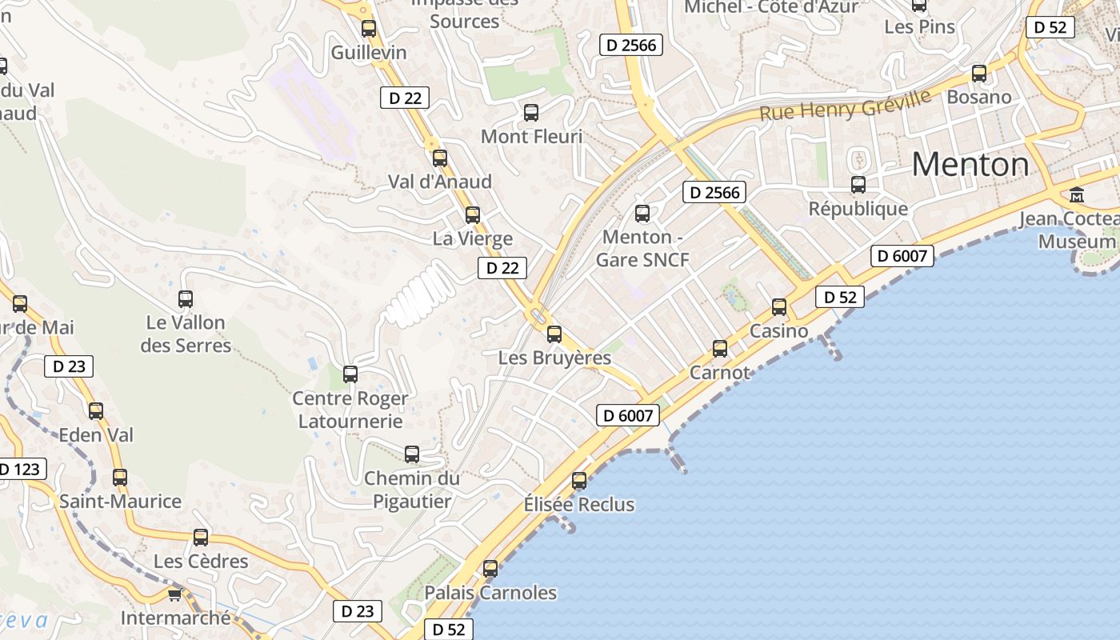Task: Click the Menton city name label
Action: tap(970, 165)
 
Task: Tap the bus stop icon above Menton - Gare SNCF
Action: tap(642, 214)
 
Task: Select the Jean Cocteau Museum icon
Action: tap(1077, 194)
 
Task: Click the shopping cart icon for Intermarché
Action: tap(175, 594)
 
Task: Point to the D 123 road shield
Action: tap(21, 469)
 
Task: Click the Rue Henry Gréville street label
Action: tap(846, 105)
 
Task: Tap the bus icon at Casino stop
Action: tap(779, 306)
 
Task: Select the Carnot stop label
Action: tap(720, 372)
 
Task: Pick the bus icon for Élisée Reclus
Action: tap(579, 481)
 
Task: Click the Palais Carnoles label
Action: tap(490, 593)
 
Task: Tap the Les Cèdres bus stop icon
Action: tap(201, 538)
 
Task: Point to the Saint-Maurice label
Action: tap(121, 502)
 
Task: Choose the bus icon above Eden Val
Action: tap(96, 411)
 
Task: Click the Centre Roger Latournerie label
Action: tap(350, 410)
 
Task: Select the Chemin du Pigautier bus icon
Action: tap(412, 454)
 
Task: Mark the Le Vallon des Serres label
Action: tap(186, 334)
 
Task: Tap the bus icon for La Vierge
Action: tap(473, 214)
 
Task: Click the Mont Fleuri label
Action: tap(531, 137)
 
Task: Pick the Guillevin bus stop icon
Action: tap(369, 29)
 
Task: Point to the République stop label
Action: tap(858, 209)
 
